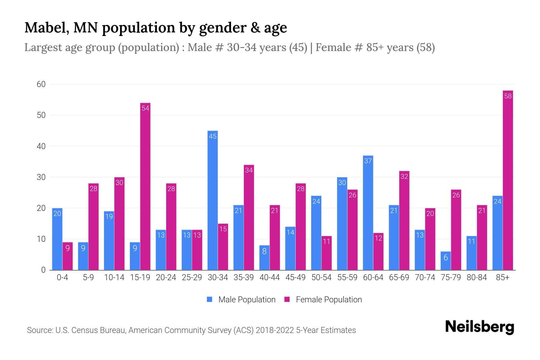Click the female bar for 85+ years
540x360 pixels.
click(508, 180)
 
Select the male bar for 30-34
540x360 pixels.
click(212, 200)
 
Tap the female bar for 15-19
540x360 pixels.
click(145, 186)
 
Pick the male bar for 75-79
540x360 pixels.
click(445, 261)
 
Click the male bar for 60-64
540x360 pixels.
click(368, 213)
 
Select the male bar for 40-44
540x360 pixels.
click(264, 258)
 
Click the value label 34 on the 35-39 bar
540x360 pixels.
click(249, 170)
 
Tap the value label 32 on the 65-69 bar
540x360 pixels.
click(404, 176)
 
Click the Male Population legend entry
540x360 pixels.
click(241, 300)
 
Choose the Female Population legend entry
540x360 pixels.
click(323, 300)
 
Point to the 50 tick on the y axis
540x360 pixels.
click(41, 115)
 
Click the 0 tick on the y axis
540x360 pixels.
click(43, 270)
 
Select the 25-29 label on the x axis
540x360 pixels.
click(192, 277)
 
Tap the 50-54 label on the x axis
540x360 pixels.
click(321, 277)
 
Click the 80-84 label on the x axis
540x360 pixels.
click(477, 277)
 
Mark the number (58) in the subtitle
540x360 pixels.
click(425, 47)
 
